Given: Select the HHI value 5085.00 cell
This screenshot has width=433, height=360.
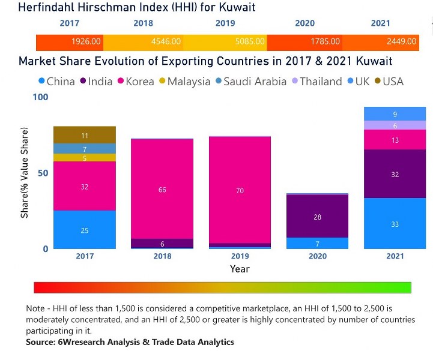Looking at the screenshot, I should coord(225,42).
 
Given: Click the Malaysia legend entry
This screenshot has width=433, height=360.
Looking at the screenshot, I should coord(184,81).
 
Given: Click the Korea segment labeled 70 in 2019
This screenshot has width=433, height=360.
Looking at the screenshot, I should coord(240,190).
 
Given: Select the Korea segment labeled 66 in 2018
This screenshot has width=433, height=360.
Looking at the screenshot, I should coord(162,189).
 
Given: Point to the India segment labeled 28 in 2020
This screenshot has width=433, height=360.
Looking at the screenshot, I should coord(317,216).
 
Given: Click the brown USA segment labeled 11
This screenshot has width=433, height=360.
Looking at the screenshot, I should coord(85,135).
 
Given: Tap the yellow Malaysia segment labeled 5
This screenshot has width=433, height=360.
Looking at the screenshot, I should coord(85,158).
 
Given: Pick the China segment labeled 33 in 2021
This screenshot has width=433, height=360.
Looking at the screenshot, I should coord(395,223).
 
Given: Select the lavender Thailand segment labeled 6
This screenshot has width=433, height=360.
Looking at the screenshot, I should coord(395,125).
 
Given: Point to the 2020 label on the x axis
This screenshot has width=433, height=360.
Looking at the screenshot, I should coord(317,256).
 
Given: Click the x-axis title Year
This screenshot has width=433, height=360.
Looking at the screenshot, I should coord(240,269).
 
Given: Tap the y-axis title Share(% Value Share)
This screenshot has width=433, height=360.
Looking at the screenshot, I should coord(25,173).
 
